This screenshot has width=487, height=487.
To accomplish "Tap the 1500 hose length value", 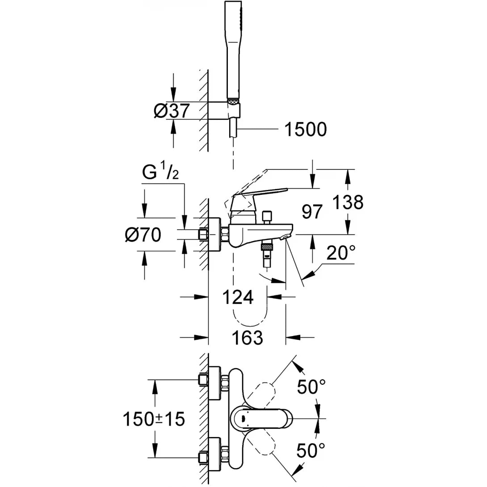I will point(305,130).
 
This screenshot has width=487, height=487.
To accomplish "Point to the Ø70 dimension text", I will point(143,235).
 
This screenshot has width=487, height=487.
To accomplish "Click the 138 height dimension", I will point(348,202).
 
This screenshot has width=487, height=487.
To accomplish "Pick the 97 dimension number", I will point(311,212).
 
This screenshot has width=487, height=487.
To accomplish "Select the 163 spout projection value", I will point(247,337).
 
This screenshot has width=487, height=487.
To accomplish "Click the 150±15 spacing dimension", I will point(154,419).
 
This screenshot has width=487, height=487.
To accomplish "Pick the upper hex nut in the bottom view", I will point(204,379).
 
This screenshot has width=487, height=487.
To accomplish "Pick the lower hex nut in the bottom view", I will point(204,457).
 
